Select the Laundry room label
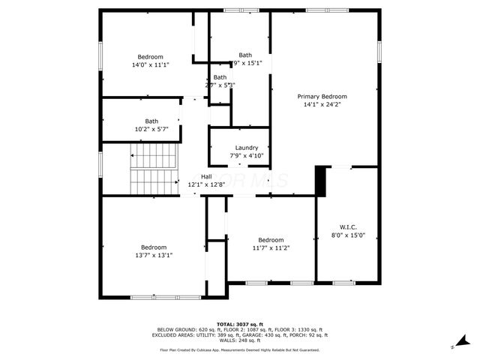pos(246,148)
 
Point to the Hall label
pos(205,176)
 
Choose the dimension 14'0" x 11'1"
pos(150,65)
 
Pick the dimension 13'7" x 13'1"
pos(154,255)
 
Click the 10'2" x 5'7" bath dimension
pos(151,129)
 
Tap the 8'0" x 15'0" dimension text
pos(348,235)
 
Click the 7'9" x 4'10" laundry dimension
pos(246,156)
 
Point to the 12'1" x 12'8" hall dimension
pos(205,184)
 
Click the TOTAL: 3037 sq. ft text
pos(241,323)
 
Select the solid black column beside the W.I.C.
pos(320,181)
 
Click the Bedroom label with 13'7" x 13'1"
pos(154,247)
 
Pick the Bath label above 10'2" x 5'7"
pos(151,121)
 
